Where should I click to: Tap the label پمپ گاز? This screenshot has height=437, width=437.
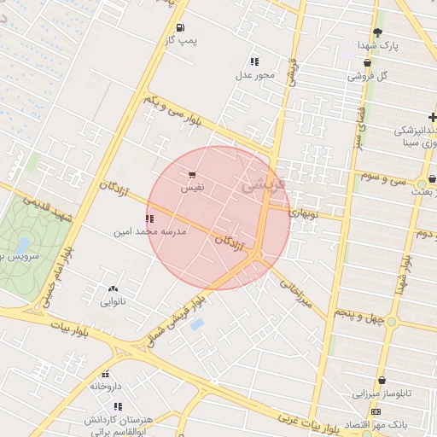click(180, 41)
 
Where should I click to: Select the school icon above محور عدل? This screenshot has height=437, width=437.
click(254, 61)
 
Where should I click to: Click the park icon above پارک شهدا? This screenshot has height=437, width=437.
click(377, 32)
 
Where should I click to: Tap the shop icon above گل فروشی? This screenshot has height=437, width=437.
click(368, 62)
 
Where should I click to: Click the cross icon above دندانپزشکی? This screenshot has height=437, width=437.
click(434, 116)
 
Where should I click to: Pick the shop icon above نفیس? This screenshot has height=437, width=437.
click(191, 175)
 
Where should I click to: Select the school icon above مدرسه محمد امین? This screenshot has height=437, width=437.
click(150, 218)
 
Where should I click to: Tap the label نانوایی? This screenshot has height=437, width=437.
click(114, 301)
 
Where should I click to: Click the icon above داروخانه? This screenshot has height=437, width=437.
click(106, 374)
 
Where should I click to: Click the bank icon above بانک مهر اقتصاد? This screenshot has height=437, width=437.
click(376, 411)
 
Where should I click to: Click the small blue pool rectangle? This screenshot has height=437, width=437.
click(198, 325)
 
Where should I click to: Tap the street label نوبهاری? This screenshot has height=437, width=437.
click(304, 213)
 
